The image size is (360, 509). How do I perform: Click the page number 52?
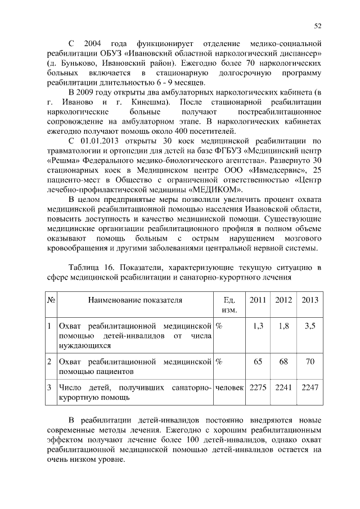point(318,26)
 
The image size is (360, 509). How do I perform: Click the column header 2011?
point(258,300)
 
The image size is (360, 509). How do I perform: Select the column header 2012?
point(283,300)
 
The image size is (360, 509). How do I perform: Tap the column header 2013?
point(310,300)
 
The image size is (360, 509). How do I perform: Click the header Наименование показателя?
point(135,300)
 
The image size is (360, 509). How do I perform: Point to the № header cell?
point(51,300)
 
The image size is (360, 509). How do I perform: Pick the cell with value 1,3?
point(258,326)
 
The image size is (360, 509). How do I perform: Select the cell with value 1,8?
point(284,326)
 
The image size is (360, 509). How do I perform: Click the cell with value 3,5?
point(310,326)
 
